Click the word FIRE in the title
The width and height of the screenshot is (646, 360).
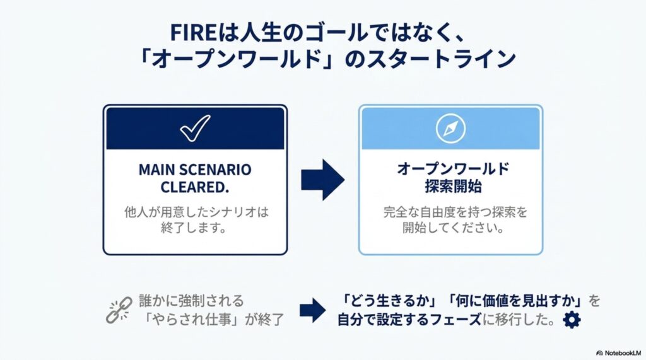coord(193,33)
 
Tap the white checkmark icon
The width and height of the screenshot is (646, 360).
coord(195,129)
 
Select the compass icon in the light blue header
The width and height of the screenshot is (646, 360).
coord(450,128)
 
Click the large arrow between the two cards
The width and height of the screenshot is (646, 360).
coord(322,180)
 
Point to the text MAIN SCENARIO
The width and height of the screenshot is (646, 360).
coord(195,170)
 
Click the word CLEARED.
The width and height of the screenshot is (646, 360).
coord(195,187)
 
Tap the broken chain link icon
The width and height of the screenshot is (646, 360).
coord(119,310)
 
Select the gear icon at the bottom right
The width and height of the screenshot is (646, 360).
coord(572,320)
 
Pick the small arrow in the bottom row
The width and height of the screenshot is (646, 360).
coord(313,310)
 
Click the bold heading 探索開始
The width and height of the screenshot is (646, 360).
coord(453,187)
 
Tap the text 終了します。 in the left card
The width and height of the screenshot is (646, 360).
coord(194,227)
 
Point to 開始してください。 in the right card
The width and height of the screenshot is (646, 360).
coord(454,227)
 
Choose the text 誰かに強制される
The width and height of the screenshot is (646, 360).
coord(192,301)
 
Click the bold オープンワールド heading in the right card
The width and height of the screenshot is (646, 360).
coord(453,169)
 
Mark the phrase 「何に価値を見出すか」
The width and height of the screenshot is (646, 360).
coord(515,301)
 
